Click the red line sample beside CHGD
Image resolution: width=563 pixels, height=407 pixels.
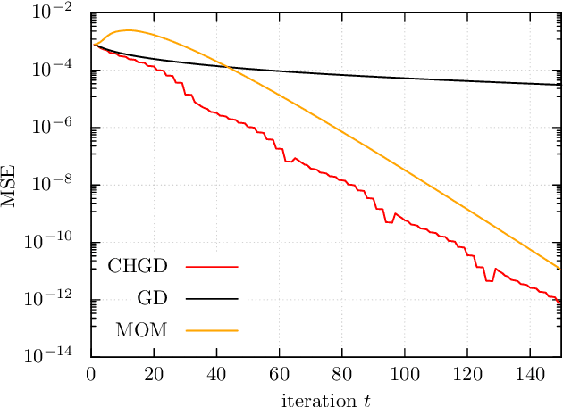click(213, 266)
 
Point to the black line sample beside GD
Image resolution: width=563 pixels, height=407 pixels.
click(213, 298)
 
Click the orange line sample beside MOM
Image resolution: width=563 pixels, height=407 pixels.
click(213, 330)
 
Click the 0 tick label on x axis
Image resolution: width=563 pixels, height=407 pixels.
click(91, 373)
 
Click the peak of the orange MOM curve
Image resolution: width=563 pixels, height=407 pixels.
click(129, 30)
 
